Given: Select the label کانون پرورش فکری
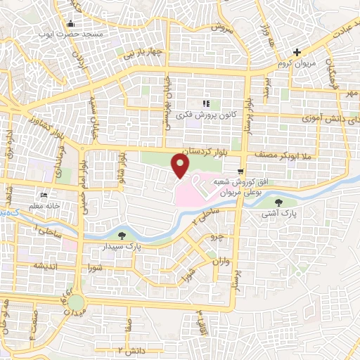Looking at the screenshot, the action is [x=207, y=113].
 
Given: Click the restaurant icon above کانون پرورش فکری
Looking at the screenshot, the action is [x=206, y=103].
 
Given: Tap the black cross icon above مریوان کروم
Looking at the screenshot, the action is [x=297, y=51].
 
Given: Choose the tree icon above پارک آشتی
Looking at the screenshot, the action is [x=279, y=202].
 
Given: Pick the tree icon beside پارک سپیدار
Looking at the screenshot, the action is [x=124, y=236].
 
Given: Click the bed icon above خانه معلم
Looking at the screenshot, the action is [x=46, y=195].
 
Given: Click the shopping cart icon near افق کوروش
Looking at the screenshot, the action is [x=242, y=172].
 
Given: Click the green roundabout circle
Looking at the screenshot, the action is [x=75, y=302].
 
